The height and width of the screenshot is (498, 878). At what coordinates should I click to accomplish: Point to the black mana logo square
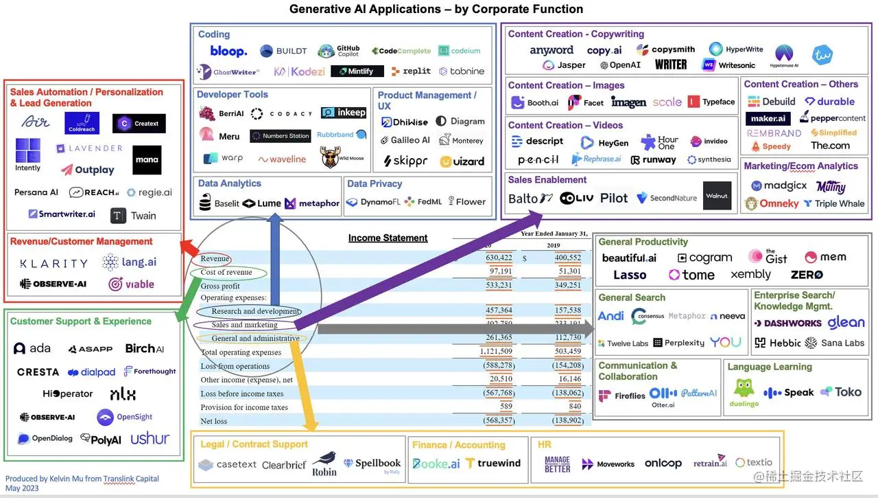click(x=147, y=160)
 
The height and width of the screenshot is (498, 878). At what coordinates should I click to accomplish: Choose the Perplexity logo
click(x=678, y=343)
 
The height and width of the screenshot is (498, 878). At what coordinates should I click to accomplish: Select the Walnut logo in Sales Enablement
click(x=717, y=196)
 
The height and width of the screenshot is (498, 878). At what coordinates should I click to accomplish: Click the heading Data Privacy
click(x=375, y=183)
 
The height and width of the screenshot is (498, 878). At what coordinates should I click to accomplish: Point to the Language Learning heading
click(x=769, y=367)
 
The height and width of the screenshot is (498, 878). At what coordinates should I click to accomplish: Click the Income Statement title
click(x=388, y=238)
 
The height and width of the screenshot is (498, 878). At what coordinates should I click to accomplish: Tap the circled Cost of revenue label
click(x=226, y=273)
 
